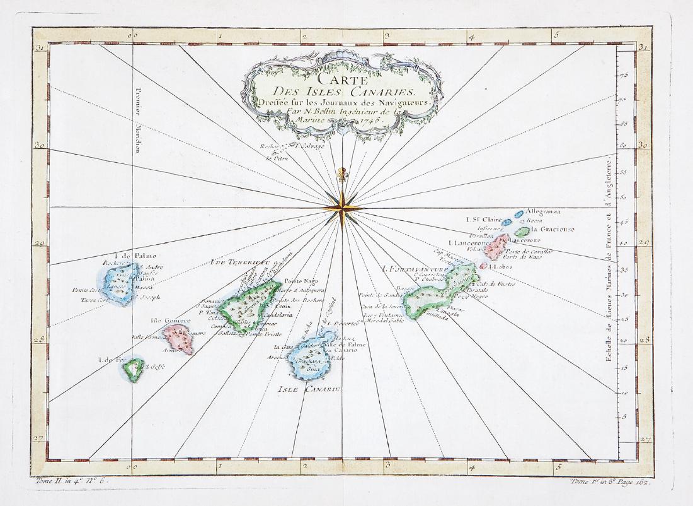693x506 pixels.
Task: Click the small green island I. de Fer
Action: (134, 370)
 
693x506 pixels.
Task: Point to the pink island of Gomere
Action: (179, 337)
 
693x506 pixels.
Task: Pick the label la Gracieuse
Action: (552, 230)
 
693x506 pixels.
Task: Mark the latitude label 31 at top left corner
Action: (39, 48)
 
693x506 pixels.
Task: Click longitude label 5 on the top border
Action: (556, 35)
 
